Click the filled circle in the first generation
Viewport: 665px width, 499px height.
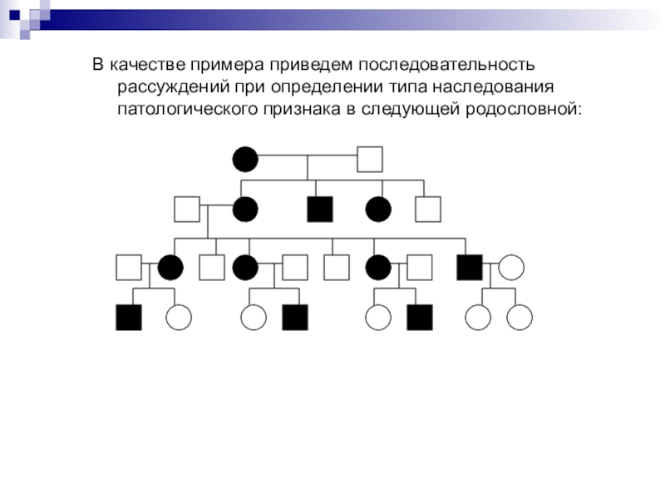pos(245,158)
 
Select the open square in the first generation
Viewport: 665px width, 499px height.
pos(369,158)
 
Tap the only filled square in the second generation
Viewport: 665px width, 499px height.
pos(320,209)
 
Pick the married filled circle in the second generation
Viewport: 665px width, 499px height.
pos(245,209)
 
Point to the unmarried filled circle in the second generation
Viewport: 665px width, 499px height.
pos(378,209)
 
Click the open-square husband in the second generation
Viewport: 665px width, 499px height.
pos(187,209)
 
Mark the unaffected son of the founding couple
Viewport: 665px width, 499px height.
pos(428,209)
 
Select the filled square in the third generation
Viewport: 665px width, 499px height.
pos(470,267)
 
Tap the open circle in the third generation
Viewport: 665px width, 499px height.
pos(511,267)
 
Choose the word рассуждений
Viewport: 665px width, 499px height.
pos(170,86)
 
